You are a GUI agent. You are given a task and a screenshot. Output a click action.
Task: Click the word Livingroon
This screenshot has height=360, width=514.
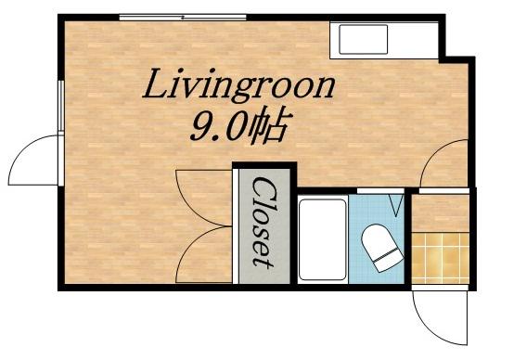tap(238, 84)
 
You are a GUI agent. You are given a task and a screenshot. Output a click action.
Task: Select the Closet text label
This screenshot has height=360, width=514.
tap(263, 223)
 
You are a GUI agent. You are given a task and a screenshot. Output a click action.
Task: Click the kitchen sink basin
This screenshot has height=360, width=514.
tap(363, 39)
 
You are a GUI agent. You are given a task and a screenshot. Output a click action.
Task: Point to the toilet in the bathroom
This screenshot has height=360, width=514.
tap(381, 248)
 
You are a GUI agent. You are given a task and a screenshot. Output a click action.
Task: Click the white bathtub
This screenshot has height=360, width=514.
tap(323, 239)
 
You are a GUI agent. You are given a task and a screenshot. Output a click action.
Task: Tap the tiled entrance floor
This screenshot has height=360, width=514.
tap(441, 258)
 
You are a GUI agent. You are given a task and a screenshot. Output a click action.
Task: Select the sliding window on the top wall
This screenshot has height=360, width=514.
tap(183, 17)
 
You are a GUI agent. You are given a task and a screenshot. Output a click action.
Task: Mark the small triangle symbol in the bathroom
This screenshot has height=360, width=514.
tap(396, 205)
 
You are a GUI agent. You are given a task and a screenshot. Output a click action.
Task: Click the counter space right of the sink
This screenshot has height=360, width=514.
tap(414, 40)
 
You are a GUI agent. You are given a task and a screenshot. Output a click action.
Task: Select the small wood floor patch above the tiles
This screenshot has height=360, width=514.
tap(441, 213)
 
